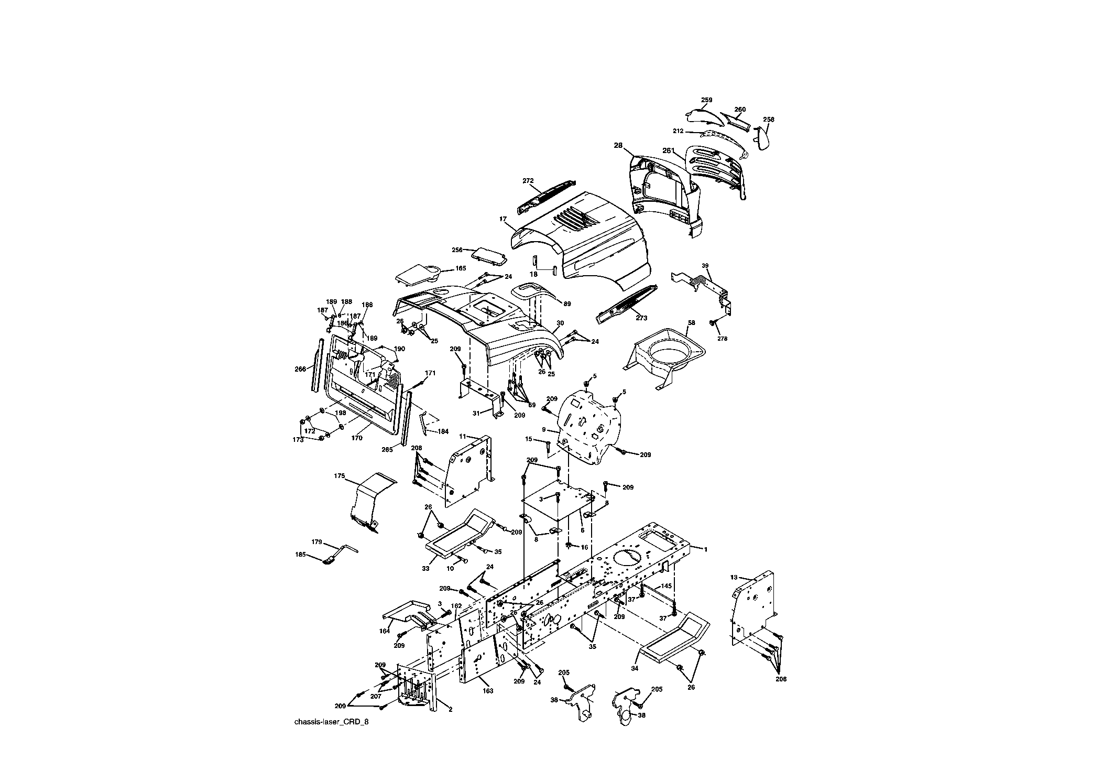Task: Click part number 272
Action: coord(528,181)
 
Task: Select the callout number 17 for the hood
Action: coord(503,219)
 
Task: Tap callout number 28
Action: coord(618,145)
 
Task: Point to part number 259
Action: coord(706,100)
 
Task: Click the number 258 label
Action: coord(768,120)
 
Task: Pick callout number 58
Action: coord(691,323)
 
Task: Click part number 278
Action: coord(722,339)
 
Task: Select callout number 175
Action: coord(339,476)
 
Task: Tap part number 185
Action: coord(300,554)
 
